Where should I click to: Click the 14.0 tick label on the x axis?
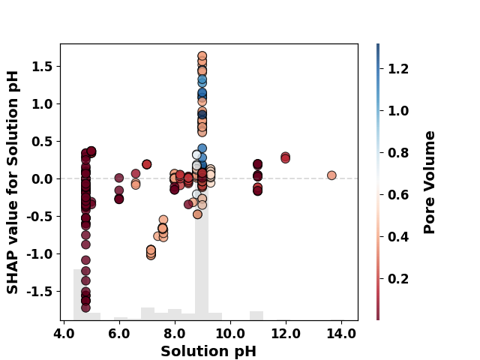[x=341, y=333]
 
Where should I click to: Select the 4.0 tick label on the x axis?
[x=63, y=333]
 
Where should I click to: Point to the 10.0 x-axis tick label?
[x=230, y=333]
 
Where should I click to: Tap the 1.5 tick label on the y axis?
[x=42, y=67]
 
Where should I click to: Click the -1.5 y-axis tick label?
[x=40, y=292]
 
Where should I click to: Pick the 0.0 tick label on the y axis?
[x=42, y=178]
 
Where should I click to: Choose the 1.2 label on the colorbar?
[x=398, y=68]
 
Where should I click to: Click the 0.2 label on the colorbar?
[x=398, y=279]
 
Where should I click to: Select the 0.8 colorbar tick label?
[x=398, y=153]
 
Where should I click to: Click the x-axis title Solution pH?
[x=208, y=351]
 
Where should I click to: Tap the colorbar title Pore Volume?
[x=429, y=182]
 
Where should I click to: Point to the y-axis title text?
[x=13, y=182]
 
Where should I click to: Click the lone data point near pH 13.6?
[x=331, y=175]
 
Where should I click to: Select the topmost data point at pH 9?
[x=202, y=55]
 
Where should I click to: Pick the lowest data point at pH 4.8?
[x=85, y=307]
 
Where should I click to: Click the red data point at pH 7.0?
[x=147, y=164]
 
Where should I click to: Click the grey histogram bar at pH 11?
[x=256, y=316]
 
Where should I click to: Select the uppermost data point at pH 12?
[x=285, y=157]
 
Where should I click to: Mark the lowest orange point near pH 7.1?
[x=151, y=255]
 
